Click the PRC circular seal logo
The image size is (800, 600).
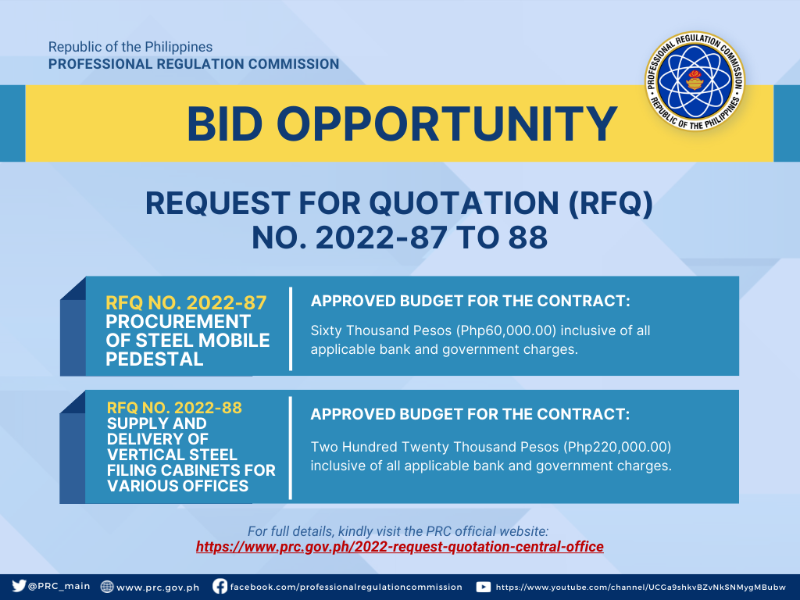695,80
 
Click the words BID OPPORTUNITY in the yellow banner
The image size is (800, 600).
402,124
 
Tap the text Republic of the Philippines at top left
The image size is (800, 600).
130,47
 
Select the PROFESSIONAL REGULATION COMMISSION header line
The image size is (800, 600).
194,64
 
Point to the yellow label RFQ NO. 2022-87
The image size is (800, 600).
186,302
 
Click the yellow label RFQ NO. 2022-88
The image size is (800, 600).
174,408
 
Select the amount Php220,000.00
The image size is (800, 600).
617,447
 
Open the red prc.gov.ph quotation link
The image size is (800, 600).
399,547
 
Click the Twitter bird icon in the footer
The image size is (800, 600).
19,586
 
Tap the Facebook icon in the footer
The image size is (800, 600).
220,586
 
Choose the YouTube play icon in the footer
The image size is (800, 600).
483,587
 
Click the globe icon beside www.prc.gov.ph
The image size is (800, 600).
107,587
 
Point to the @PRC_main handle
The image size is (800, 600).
59,586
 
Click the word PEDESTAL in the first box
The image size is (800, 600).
155,359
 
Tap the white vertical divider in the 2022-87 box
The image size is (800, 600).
291,329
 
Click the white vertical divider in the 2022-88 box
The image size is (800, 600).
291,448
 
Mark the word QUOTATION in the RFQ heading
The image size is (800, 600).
464,203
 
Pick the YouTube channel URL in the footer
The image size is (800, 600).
641,587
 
